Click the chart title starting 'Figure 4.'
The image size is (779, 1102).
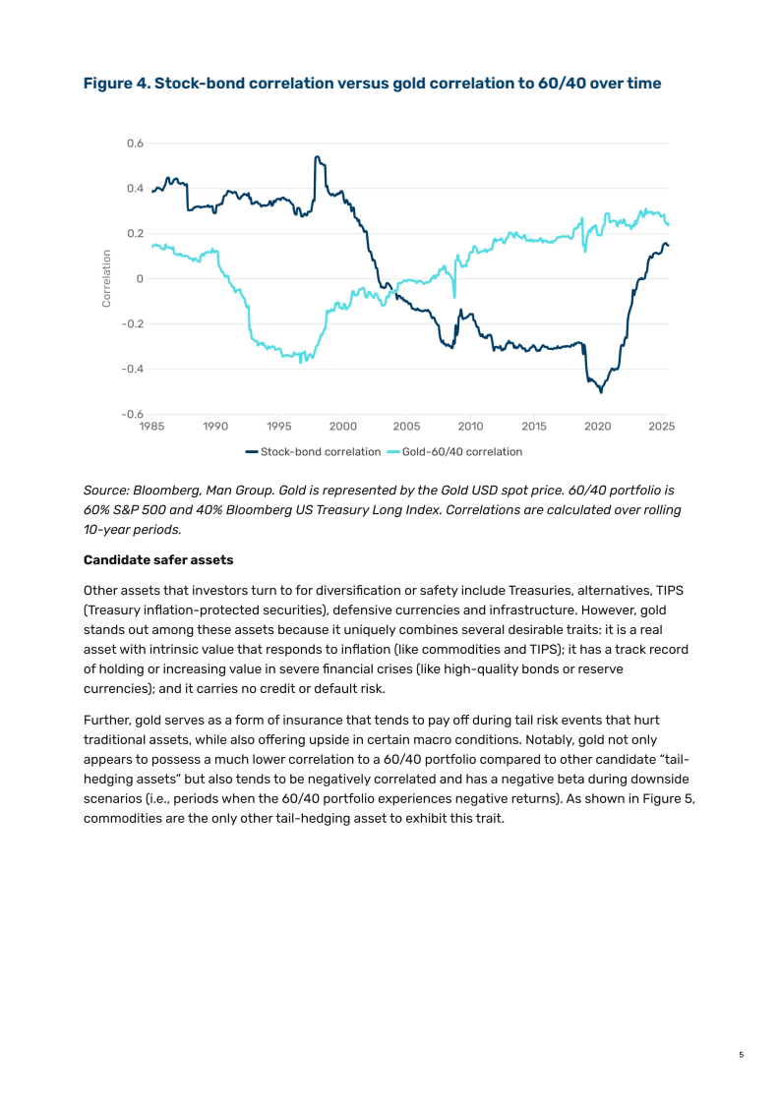(372, 84)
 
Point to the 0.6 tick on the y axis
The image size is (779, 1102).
(135, 144)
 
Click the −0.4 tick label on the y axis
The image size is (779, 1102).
(132, 369)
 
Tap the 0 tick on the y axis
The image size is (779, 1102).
(140, 278)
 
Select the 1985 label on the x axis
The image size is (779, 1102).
(151, 427)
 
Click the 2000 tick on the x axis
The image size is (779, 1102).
(343, 427)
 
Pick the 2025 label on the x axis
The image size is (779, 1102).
(662, 427)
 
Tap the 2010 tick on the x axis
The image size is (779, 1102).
(470, 427)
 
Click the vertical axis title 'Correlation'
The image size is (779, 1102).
(106, 278)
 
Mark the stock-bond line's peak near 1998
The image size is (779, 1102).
(316, 156)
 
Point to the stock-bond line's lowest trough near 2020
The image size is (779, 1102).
(601, 392)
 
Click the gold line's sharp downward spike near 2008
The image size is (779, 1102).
(454, 297)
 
